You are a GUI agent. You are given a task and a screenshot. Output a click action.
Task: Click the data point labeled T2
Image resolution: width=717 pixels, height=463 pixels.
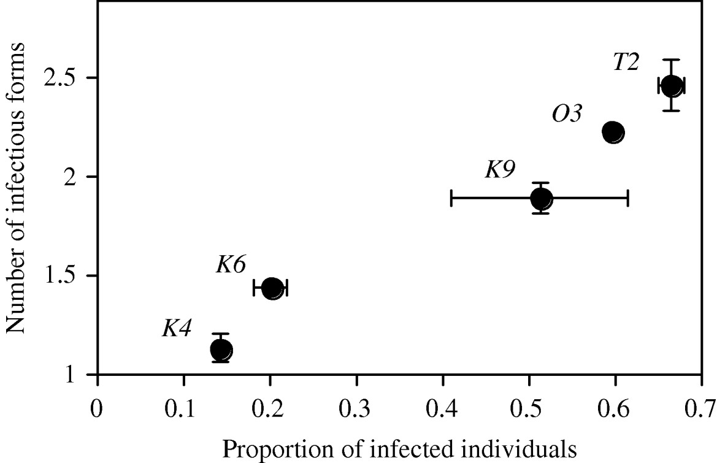click(x=672, y=86)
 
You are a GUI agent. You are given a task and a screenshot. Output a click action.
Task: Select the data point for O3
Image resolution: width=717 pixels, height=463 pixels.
click(x=613, y=131)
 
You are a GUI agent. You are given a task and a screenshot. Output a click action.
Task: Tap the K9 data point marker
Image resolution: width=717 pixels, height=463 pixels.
click(x=541, y=198)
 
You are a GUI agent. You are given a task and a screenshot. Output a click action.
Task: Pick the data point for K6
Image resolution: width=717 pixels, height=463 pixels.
click(x=272, y=288)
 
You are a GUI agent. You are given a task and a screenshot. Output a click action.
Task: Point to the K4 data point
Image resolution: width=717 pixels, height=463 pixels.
click(x=221, y=350)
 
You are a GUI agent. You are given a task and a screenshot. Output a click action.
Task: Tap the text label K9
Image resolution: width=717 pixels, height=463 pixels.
click(x=500, y=170)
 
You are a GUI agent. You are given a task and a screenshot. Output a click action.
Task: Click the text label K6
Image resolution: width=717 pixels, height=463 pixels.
click(x=231, y=265)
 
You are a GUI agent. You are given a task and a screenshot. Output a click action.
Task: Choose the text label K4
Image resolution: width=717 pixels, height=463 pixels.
click(x=177, y=328)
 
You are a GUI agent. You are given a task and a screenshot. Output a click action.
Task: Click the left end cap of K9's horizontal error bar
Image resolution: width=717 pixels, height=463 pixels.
click(x=451, y=198)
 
